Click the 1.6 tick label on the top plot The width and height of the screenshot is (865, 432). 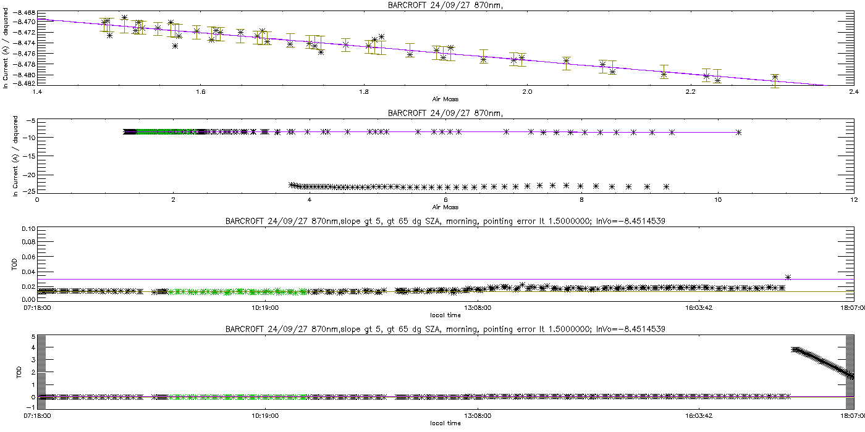pyautogui.click(x=200, y=92)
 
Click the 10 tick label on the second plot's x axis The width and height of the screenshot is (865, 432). pyautogui.click(x=717, y=199)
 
